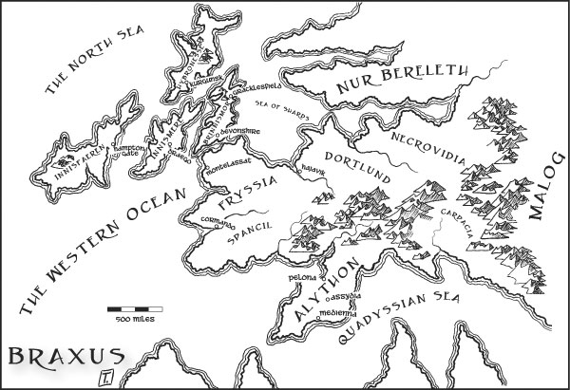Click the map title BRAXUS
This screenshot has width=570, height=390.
66,358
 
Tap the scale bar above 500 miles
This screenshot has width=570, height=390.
135,309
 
